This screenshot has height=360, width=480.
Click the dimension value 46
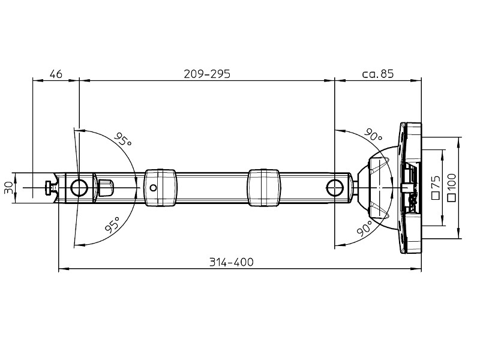click(x=56, y=74)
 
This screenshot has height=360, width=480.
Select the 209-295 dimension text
click(x=206, y=74)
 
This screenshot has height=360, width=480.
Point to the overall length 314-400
click(x=231, y=262)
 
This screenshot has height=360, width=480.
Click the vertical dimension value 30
click(x=8, y=188)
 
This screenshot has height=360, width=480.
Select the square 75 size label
click(x=436, y=187)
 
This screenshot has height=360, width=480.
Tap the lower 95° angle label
click(x=112, y=226)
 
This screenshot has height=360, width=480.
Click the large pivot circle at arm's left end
click(x=79, y=188)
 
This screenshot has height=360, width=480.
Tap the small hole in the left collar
click(x=154, y=188)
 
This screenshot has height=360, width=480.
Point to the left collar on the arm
click(x=160, y=188)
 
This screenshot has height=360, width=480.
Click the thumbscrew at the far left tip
click(x=49, y=188)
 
